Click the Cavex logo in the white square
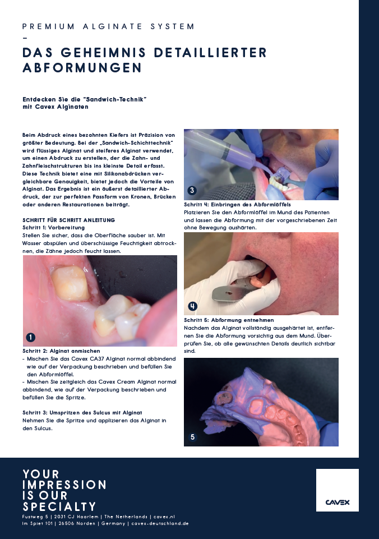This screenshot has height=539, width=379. click(338, 502)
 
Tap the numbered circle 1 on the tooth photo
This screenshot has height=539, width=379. click(31, 337)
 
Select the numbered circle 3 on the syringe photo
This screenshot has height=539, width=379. click(192, 190)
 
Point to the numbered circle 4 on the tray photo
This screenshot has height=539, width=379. click(192, 306)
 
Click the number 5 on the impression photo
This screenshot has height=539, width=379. click(192, 437)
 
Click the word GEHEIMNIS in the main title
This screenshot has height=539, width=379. click(103, 53)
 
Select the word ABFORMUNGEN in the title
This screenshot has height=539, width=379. click(82, 67)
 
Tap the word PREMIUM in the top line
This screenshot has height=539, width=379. click(48, 26)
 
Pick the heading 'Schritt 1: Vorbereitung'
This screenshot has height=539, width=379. click(54, 228)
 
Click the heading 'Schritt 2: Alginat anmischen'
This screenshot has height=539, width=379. click(62, 351)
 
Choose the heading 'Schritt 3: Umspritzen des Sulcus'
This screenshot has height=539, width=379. click(82, 412)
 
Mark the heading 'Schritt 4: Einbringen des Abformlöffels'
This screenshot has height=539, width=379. click(237, 205)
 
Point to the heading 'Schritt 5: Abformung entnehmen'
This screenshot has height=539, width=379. click(229, 320)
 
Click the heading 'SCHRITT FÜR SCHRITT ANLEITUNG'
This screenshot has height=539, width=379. click(69, 220)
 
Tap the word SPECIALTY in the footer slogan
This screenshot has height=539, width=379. click(59, 506)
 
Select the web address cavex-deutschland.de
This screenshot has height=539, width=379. click(160, 523)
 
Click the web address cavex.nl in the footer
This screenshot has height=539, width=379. click(164, 517)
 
